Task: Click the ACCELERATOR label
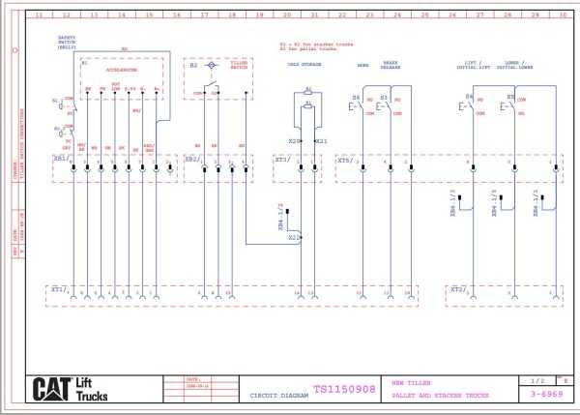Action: pos(122,71)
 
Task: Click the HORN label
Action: pos(362,65)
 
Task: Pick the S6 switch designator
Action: pos(356,98)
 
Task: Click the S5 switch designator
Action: pos(509,98)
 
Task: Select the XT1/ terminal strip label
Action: pos(58,288)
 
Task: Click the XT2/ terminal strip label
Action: pos(458,288)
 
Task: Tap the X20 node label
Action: pos(293,141)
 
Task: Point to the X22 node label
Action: pos(294,236)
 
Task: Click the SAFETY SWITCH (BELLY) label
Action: pos(67,42)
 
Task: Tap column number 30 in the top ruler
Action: pos(564,16)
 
